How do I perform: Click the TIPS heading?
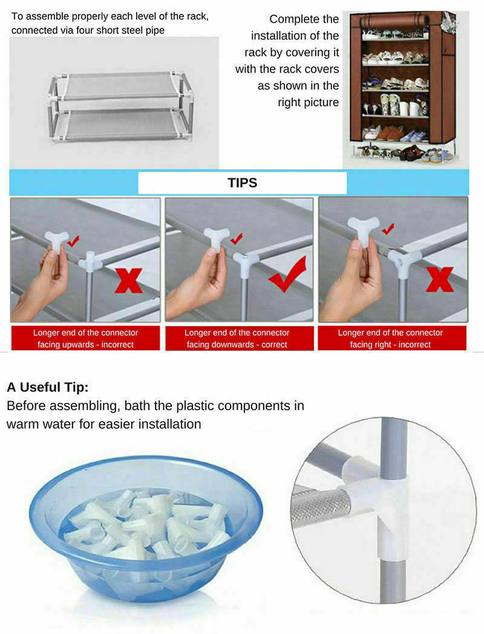pyautogui.click(x=242, y=183)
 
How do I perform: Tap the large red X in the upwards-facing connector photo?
pyautogui.click(x=129, y=281)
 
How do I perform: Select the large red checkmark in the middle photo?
pyautogui.click(x=287, y=274)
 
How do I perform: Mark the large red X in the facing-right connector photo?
pyautogui.click(x=440, y=279)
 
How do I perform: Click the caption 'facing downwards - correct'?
pyautogui.click(x=237, y=344)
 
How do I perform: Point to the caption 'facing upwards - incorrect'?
pyautogui.click(x=86, y=344)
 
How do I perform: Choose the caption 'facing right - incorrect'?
pyautogui.click(x=390, y=344)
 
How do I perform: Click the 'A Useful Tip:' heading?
pyautogui.click(x=48, y=387)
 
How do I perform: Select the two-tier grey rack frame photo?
pyautogui.click(x=120, y=106)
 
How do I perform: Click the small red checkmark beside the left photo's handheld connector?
pyautogui.click(x=73, y=241)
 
